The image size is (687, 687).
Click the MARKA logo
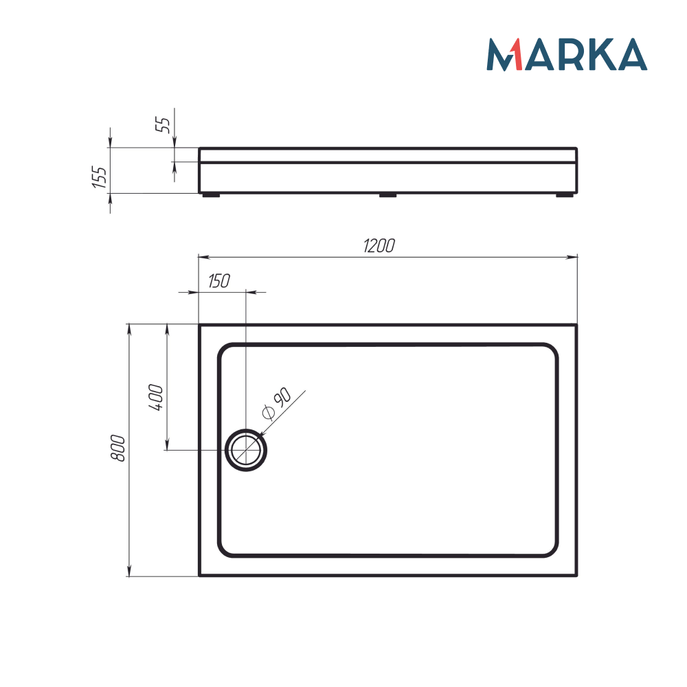point(567,54)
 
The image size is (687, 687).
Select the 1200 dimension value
point(379,246)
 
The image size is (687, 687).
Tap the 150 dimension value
point(217,280)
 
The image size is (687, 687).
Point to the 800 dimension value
point(118,448)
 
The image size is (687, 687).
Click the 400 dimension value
point(156,397)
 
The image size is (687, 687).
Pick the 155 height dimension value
point(100,178)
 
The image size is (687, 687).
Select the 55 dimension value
point(164,124)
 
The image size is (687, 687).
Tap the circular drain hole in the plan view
point(246,450)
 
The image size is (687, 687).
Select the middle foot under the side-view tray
point(388,195)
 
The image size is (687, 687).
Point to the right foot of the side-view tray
point(565,195)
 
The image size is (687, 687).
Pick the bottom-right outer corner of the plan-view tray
point(576,576)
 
